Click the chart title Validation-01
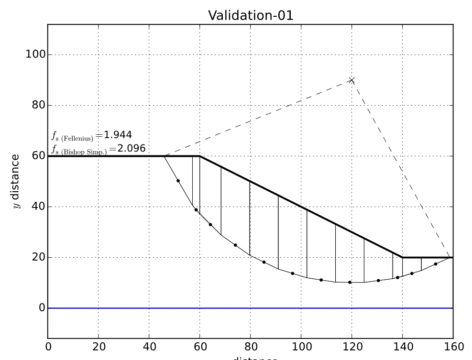tap(250, 15)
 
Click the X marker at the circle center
tap(351, 80)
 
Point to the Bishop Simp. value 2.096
tap(132, 148)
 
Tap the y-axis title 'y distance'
tap(15, 181)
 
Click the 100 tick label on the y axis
tap(35, 55)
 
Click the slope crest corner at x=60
tap(200, 156)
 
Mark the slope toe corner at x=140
tap(402, 257)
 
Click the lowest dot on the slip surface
tap(350, 282)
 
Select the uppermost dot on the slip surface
tap(178, 181)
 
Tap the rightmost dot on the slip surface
tap(436, 264)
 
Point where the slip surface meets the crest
tap(165, 156)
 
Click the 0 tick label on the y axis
tap(41, 308)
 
